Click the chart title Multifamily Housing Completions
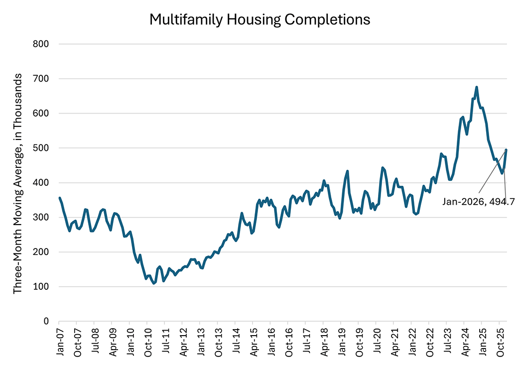click(x=260, y=19)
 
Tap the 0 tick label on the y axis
click(x=46, y=321)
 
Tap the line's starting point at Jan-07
click(x=59, y=198)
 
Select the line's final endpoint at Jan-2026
click(x=507, y=149)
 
